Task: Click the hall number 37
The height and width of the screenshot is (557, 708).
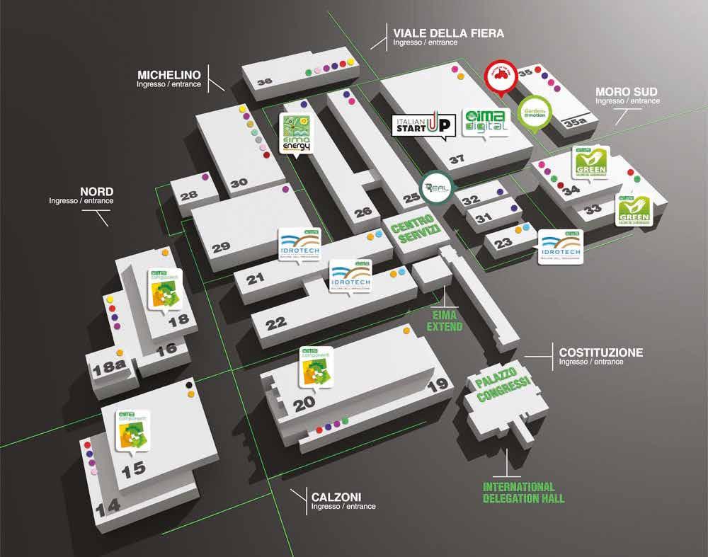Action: (457, 159)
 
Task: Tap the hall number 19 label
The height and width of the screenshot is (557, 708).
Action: (438, 385)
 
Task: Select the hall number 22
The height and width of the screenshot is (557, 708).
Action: (275, 323)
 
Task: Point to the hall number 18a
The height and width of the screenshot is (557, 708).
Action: (108, 367)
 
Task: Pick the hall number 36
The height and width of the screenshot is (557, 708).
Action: (264, 82)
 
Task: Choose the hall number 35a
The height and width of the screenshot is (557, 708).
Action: (575, 123)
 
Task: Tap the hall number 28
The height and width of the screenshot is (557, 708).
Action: (188, 196)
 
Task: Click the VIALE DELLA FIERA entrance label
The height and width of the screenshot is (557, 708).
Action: (448, 33)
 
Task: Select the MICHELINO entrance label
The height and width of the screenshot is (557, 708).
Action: (169, 75)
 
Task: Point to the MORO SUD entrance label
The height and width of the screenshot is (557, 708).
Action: (626, 92)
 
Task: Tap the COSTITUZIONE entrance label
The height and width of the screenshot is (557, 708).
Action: (600, 352)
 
